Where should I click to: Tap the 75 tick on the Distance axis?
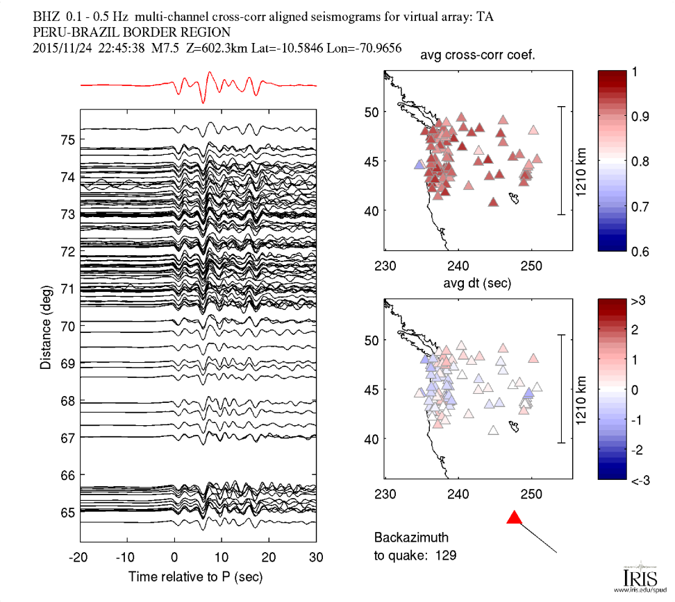pos(67,140)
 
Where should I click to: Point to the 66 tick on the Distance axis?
pos(67,475)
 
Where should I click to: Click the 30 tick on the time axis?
pos(316,557)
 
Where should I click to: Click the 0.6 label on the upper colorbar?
pos(640,251)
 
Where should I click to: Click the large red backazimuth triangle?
pos(514,517)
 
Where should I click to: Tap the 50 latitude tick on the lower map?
pos(371,341)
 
